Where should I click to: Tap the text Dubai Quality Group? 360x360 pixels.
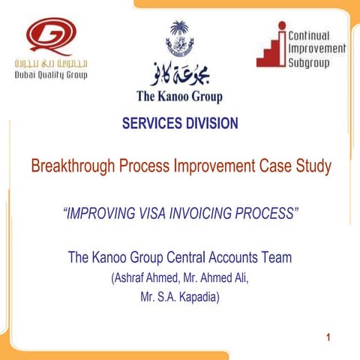50,75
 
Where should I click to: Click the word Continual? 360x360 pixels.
316,35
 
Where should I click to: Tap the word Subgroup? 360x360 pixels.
311,61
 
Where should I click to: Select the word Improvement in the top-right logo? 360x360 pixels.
317,48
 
